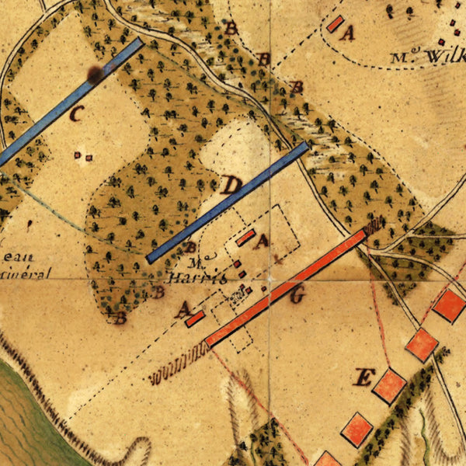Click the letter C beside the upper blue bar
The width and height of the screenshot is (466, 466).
click(76, 115)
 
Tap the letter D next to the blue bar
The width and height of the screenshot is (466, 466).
click(231, 186)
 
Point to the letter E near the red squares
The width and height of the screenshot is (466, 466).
click(362, 378)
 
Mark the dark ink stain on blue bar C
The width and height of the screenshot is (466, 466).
click(96, 75)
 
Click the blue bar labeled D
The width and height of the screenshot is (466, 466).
click(227, 202)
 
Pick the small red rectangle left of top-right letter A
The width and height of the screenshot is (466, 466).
click(335, 24)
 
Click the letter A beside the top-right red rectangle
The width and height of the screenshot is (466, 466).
click(348, 33)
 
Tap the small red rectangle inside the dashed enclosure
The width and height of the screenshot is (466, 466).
click(245, 238)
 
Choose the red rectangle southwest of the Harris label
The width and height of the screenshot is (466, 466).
click(195, 318)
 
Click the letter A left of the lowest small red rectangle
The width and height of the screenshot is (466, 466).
click(183, 311)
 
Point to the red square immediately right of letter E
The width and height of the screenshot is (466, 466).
click(389, 385)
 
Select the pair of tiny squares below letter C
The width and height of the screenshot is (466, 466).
click(82, 156)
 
